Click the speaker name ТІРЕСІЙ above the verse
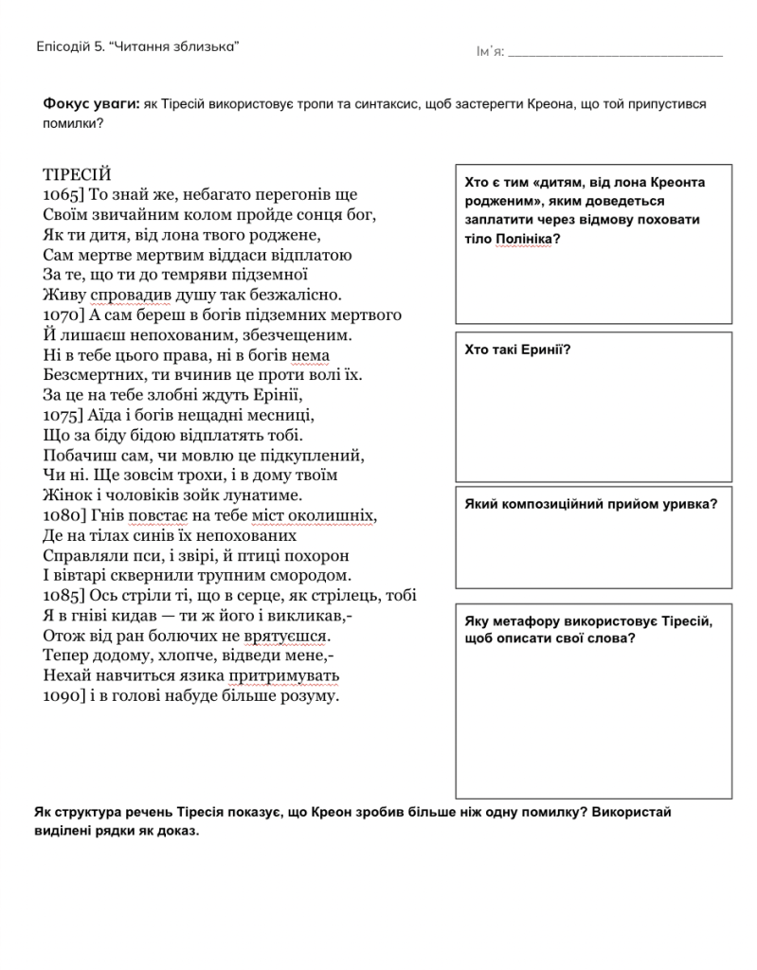(77, 174)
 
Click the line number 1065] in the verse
(64, 194)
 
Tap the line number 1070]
(64, 314)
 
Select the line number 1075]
(64, 415)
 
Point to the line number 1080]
(64, 515)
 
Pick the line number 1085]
(64, 596)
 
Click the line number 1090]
(64, 696)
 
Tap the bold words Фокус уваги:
(91, 104)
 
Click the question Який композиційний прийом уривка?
(591, 504)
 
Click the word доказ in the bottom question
(177, 831)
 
